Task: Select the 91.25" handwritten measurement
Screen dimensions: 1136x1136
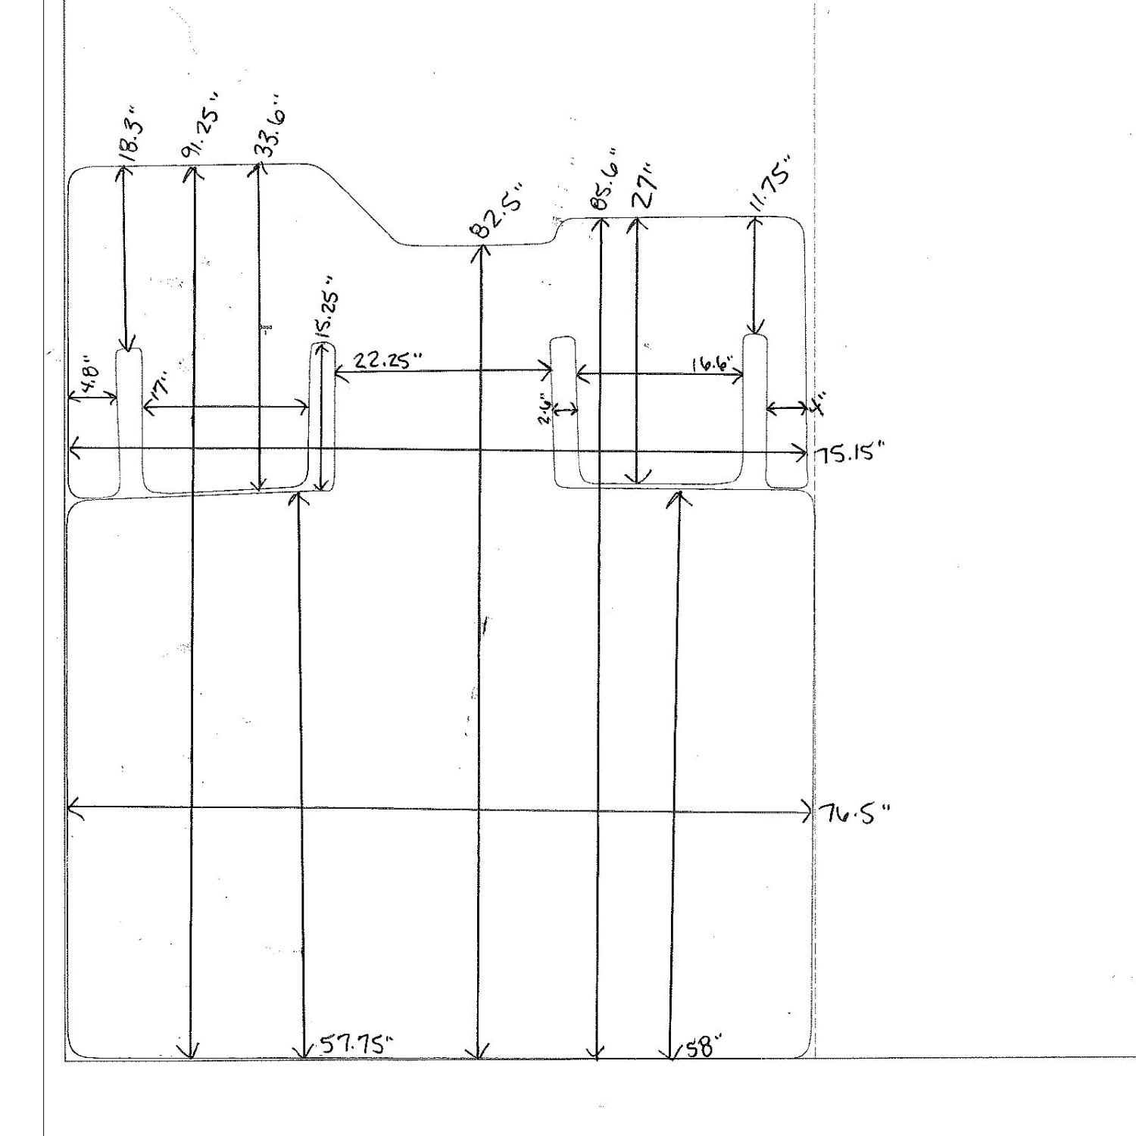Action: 201,126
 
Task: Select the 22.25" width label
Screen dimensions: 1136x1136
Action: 388,360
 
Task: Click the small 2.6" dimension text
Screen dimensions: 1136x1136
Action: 545,410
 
